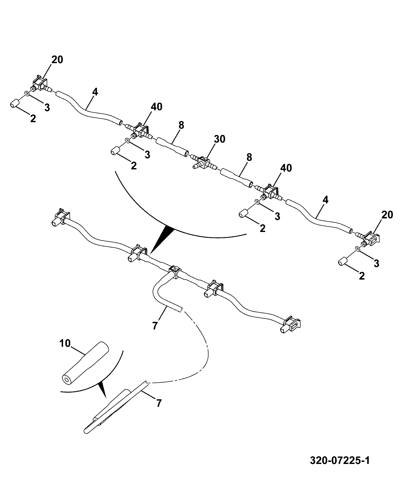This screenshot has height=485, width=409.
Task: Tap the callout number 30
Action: [x=220, y=139]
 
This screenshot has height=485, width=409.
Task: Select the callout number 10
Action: [x=65, y=343]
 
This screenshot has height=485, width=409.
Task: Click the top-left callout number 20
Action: [x=57, y=60]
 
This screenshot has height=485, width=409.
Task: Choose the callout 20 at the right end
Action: [x=387, y=215]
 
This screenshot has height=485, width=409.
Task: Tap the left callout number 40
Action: [x=156, y=107]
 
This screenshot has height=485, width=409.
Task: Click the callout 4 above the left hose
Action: [x=95, y=92]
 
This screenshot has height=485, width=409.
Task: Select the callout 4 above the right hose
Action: [x=325, y=200]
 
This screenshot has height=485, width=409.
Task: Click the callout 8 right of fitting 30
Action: [x=249, y=157]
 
